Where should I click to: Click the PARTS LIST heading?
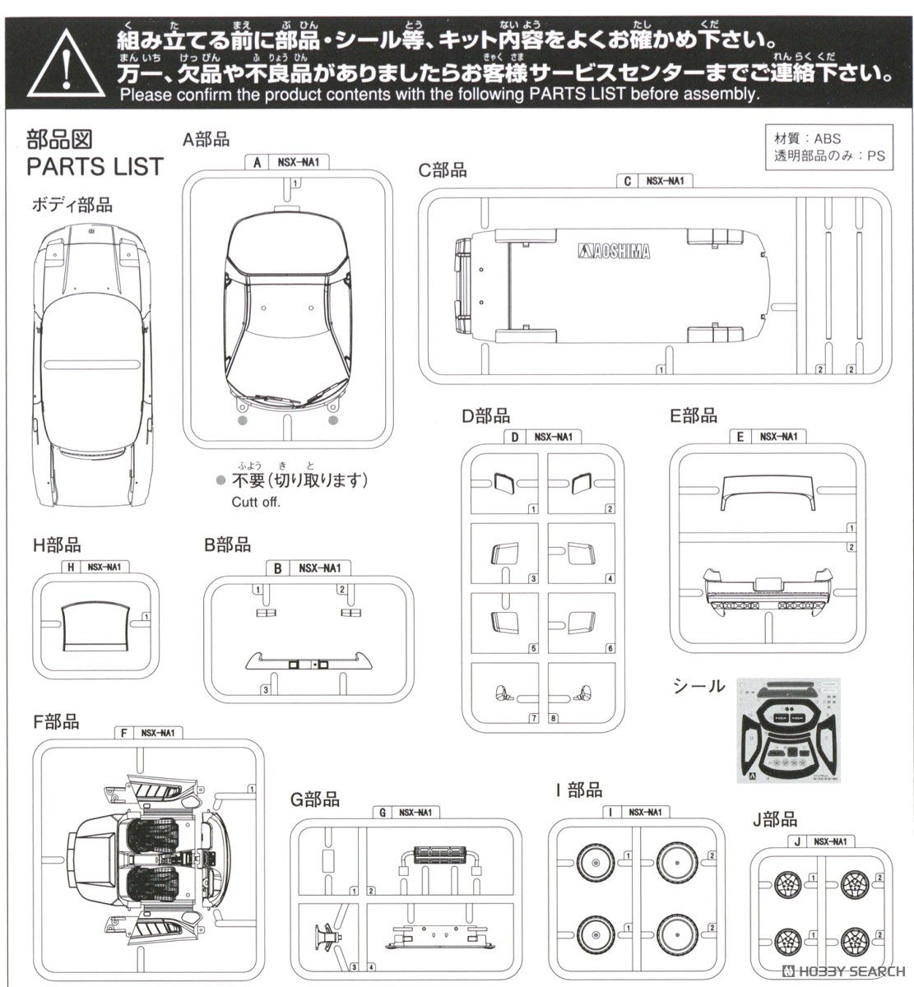95,167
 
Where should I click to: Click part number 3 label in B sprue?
265,689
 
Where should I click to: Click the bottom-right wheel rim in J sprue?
856,938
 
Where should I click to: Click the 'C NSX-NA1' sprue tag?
653,180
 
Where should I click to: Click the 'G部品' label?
314,799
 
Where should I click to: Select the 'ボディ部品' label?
72,205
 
